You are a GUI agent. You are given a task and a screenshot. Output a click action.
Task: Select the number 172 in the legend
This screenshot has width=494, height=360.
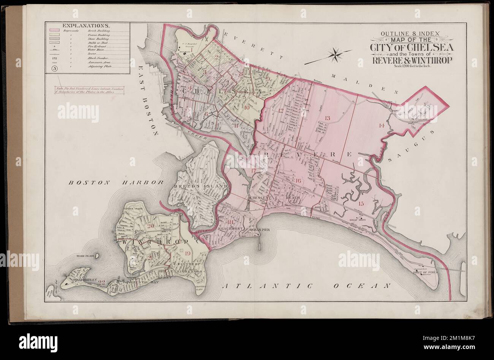pyautogui.click(x=54, y=58)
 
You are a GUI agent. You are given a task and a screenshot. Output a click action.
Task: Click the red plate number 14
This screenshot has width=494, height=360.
pyautogui.click(x=382, y=125)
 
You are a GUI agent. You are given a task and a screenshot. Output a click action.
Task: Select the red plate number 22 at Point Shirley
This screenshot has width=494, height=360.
pyautogui.click(x=101, y=282)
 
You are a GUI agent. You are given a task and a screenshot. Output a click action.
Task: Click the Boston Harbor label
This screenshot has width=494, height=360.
pyautogui.click(x=116, y=182)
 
